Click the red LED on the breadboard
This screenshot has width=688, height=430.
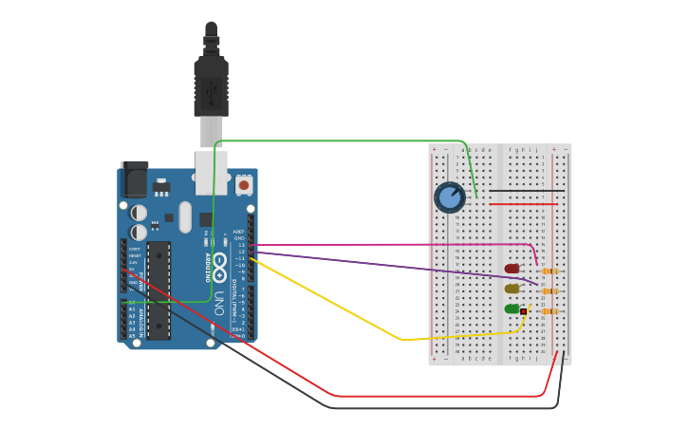pos(512,269)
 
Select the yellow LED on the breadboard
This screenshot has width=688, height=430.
pos(512,289)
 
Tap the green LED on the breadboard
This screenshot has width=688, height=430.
pos(512,308)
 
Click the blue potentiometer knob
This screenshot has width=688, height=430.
pos(449,197)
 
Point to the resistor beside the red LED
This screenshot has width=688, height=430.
pos(549,271)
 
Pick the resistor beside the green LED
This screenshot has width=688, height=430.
pos(549,311)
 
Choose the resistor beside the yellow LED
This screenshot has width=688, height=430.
pos(549,291)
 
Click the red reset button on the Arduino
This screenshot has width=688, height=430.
pos(244,185)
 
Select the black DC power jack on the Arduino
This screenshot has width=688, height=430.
pos(136,179)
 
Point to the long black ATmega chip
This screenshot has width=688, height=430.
pos(158,290)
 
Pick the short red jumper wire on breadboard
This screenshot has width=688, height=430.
pos(522,204)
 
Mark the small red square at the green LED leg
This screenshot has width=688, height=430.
pos(523,311)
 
